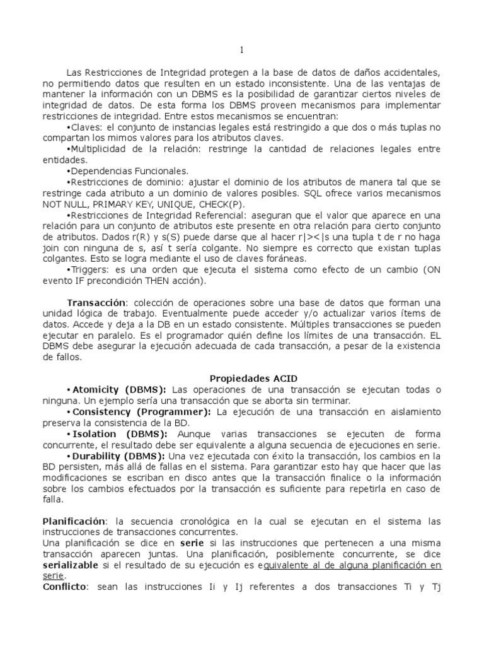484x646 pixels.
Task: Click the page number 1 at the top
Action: pos(241,50)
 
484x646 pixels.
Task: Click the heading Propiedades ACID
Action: pos(242,378)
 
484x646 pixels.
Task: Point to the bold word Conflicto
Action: pos(66,587)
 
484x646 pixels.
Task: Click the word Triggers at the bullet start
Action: pos(89,270)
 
